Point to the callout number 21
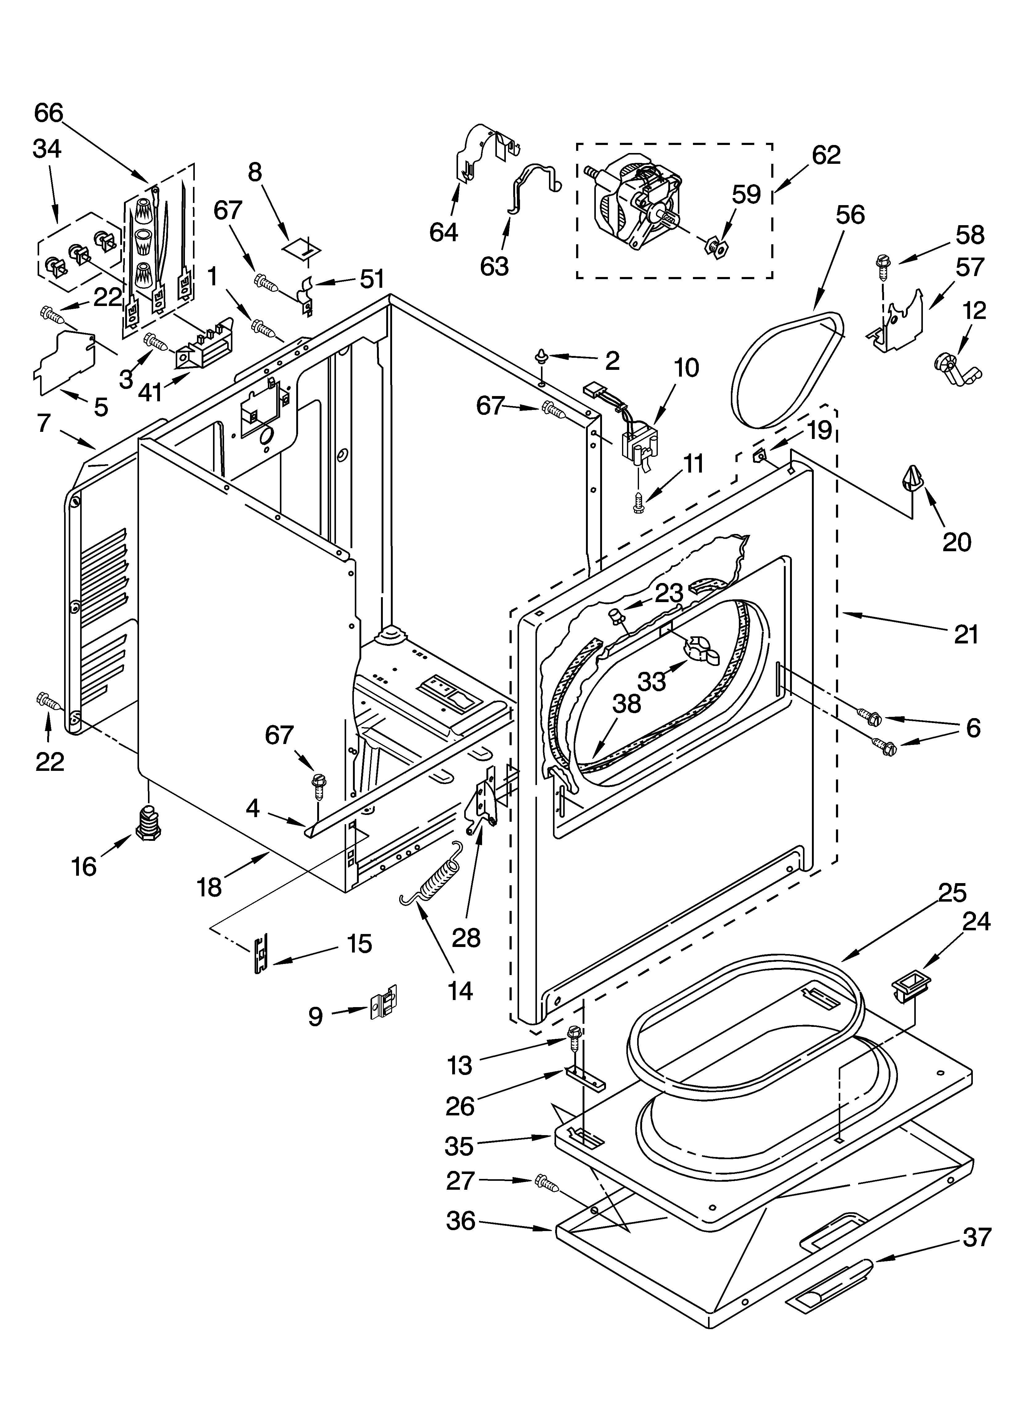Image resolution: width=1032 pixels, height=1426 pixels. coord(966,635)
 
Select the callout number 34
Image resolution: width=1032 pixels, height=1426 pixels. coord(47,149)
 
